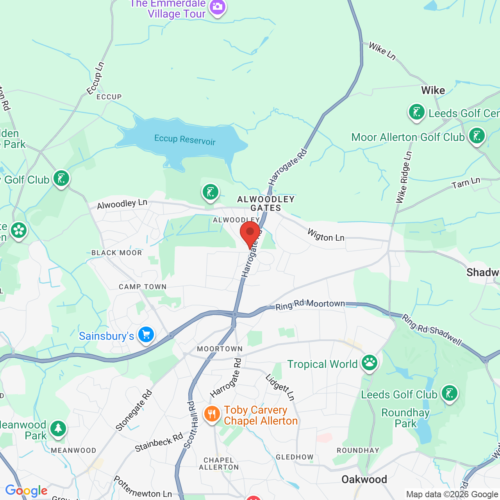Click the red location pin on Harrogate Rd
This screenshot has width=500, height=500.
[x=250, y=233]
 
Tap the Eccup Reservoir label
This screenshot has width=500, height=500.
[x=185, y=139]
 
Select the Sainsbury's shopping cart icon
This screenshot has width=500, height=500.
[x=146, y=335]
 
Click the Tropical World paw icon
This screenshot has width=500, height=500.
[x=369, y=363]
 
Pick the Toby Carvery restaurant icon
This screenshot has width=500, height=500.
[x=212, y=414]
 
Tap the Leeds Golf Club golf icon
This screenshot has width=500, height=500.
[x=449, y=393]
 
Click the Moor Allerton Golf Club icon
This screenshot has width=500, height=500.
[x=477, y=136]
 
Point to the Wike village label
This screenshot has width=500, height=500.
[x=433, y=91]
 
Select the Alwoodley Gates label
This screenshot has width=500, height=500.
[x=266, y=204]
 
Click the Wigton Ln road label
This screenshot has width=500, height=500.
[x=326, y=235]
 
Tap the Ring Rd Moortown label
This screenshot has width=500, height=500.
[x=310, y=305]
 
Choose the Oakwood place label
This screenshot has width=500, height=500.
[x=364, y=480]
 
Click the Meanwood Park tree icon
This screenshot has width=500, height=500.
[x=58, y=429]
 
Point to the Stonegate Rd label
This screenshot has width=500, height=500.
[x=134, y=410]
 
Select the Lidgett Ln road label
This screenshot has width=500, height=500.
[x=280, y=387]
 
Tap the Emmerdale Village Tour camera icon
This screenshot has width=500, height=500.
[x=218, y=7]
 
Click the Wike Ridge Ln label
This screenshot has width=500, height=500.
[x=404, y=178]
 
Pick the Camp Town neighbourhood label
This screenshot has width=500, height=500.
[x=143, y=287]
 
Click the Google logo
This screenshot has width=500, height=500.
[x=26, y=491]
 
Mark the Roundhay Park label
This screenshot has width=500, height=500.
[x=405, y=418]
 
